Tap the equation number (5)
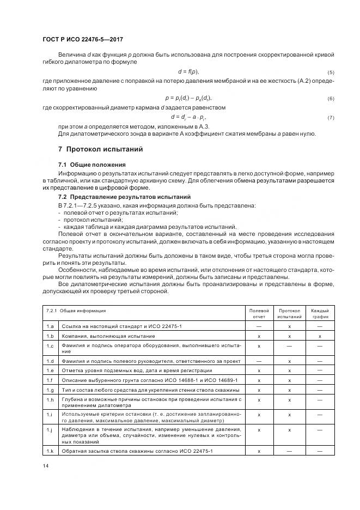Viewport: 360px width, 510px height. (331, 72)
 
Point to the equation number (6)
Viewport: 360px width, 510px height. (331, 98)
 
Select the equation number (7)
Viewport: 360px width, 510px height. (331, 118)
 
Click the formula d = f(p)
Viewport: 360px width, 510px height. (188, 72)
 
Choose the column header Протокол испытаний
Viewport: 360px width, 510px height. (290, 313)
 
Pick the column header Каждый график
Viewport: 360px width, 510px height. (320, 313)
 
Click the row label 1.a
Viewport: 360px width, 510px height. (50, 326)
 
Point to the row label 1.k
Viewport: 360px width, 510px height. (50, 451)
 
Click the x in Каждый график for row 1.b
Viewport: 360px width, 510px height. (320, 336)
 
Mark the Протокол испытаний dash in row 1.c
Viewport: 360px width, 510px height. (290, 346)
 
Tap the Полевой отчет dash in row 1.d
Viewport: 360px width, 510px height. (259, 361)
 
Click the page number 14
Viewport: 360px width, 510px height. (45, 465)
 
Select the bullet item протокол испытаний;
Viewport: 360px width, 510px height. (89, 219)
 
